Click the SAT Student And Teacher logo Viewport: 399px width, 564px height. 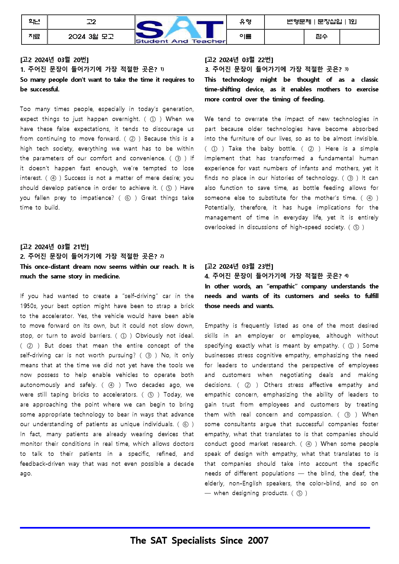(181, 30)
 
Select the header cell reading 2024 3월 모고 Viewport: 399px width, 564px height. (91, 37)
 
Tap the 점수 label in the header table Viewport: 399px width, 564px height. (321, 37)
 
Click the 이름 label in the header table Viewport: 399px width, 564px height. (246, 37)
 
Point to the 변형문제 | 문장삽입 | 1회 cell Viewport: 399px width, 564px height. (321, 22)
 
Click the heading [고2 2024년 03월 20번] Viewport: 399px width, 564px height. (54, 60)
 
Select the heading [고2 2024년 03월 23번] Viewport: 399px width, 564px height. (239, 267)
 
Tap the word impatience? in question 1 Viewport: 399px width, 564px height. (97, 198)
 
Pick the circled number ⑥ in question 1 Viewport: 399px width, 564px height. (128, 198)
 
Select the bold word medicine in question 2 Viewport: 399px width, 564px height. (106, 277)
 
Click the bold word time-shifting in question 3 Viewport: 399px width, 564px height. (222, 89)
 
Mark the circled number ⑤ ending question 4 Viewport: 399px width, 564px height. (300, 493)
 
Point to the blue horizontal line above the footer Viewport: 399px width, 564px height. (195, 528)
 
